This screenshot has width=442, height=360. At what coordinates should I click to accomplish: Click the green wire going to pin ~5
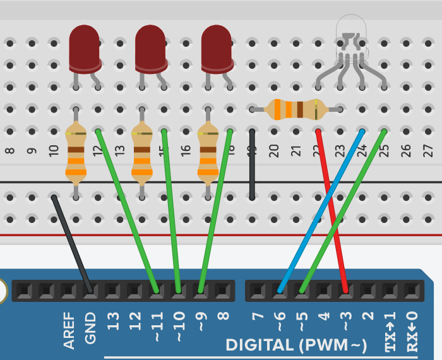tap(342, 212)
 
